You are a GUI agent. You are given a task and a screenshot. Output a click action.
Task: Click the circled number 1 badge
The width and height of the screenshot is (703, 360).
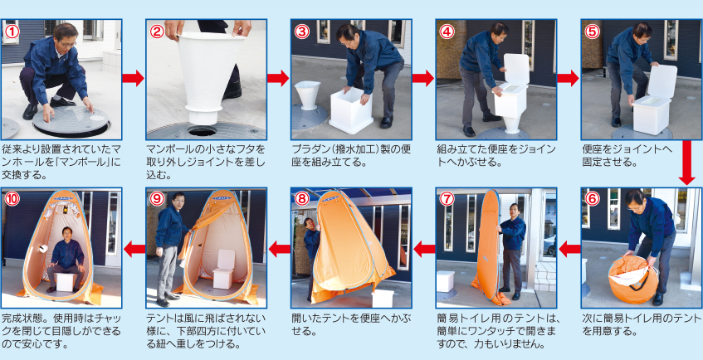coord(11,31)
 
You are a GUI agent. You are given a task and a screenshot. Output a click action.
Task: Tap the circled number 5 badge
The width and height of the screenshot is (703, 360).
coord(592,31)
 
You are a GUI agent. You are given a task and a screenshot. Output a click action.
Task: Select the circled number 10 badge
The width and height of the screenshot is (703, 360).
coord(11,199)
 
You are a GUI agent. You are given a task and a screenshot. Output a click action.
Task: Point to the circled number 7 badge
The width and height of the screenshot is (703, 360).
coord(447,199)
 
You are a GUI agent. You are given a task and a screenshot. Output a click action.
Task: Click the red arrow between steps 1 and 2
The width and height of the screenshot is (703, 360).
coord(133,79)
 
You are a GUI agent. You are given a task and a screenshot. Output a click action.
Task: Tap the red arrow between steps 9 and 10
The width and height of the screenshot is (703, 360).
coord(133,247)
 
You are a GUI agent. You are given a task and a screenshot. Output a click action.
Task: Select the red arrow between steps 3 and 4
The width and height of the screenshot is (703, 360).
coord(423,79)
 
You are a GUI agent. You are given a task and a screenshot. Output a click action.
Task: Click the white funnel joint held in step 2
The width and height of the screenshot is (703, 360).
coord(208,75)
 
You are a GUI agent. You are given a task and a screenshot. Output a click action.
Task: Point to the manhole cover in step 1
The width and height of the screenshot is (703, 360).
coord(71,124)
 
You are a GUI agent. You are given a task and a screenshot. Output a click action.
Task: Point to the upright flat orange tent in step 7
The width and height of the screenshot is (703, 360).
coord(489,245)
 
